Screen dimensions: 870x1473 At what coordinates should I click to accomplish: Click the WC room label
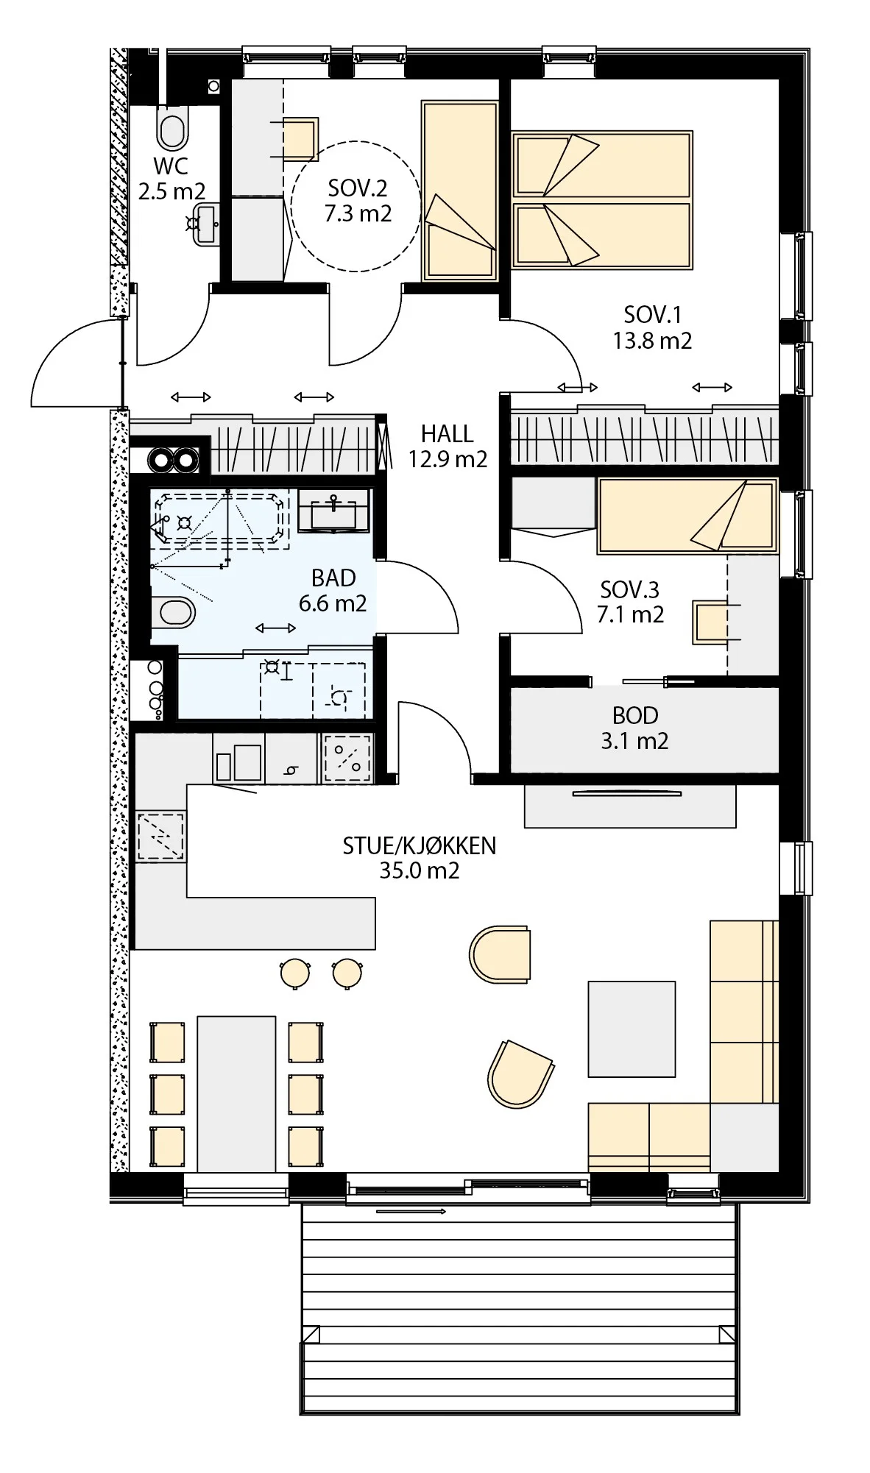[171, 166]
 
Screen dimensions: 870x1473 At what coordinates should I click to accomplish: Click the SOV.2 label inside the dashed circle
[358, 188]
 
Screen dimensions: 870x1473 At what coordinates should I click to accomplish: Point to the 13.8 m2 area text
[652, 341]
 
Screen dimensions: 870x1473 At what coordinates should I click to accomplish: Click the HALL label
[447, 434]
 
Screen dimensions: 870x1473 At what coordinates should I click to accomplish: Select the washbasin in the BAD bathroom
[333, 510]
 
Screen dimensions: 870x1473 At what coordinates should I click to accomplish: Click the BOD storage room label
[634, 715]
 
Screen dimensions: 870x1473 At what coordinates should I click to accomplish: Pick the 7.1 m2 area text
[630, 614]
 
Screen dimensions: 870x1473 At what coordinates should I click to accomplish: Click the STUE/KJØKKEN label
[420, 846]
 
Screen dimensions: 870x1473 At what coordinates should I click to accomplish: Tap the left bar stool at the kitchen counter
[295, 973]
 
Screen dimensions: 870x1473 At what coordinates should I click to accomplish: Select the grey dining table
[236, 1094]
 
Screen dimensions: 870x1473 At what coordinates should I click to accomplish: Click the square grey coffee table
[632, 1029]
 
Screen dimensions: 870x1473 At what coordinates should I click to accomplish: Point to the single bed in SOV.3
[687, 515]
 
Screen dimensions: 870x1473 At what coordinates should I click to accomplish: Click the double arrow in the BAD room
[276, 628]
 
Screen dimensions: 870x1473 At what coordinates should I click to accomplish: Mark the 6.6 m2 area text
[333, 603]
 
